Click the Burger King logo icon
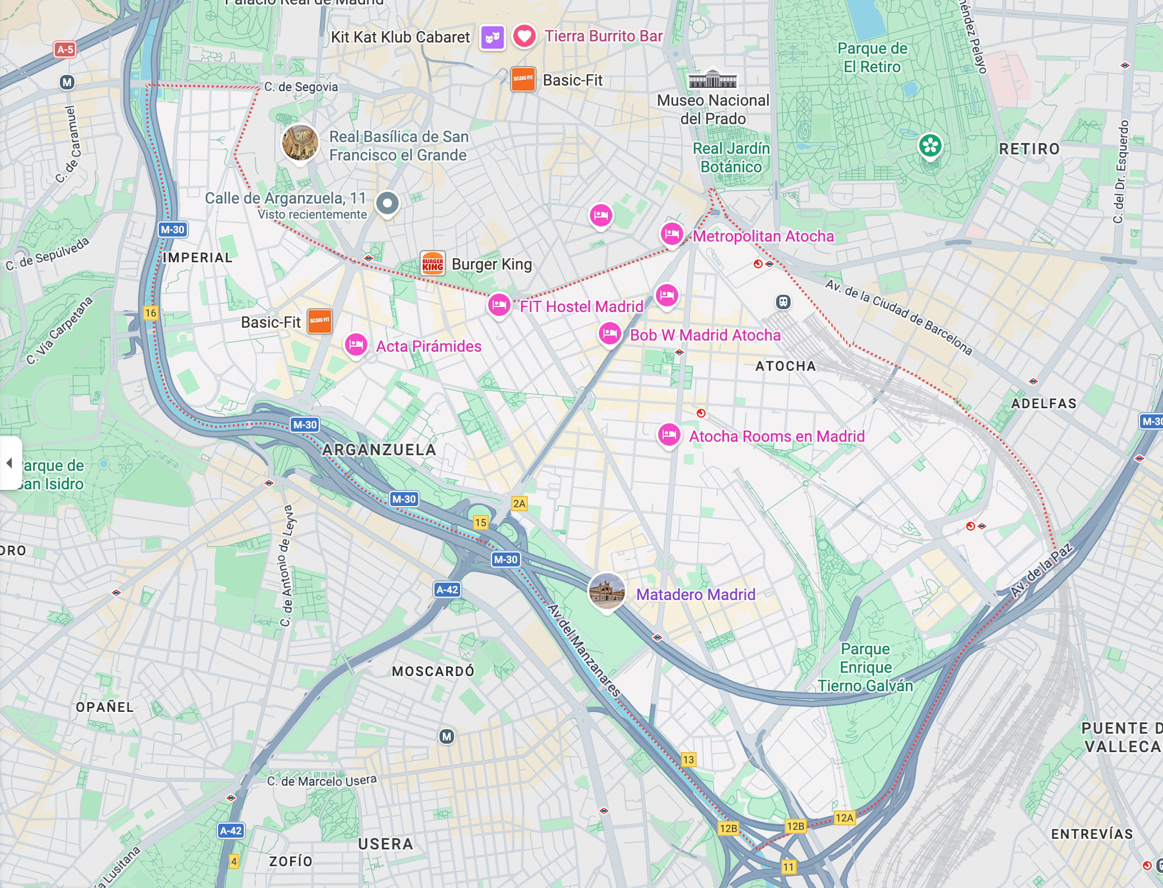coord(433,264)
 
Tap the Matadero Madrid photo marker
coord(607,592)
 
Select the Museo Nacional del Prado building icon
coord(712,79)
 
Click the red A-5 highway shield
coord(65,49)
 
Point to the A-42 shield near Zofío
coord(231,830)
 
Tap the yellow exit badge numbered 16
coord(150,313)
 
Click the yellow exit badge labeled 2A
coord(519,503)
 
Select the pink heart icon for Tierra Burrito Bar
coord(524,36)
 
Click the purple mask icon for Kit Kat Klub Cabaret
coord(493,37)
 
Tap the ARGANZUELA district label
coord(379,450)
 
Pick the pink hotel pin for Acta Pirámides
coord(356,344)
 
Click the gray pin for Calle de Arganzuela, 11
coord(387,203)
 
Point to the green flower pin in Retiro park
coord(930,146)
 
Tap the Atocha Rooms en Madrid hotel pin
coord(669,434)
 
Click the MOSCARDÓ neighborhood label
coord(433,671)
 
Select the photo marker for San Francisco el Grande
coord(300,143)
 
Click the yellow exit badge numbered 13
coord(688,759)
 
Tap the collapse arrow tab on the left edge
coord(10,463)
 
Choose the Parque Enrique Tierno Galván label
coord(866,667)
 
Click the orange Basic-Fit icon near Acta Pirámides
coord(320,321)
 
